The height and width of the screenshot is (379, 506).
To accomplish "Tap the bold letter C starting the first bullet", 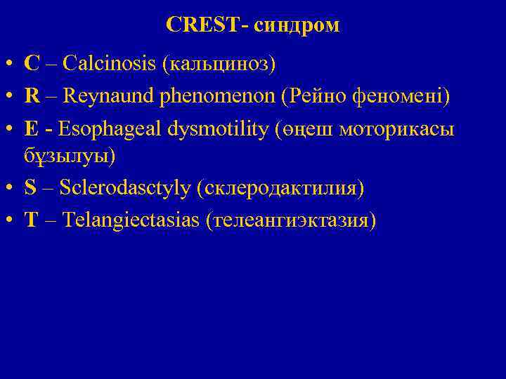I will [32, 64].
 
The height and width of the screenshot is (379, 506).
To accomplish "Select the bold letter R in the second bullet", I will [32, 95].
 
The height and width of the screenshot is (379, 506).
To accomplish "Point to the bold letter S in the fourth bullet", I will [30, 188].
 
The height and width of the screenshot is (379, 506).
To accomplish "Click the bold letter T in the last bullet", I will [31, 220].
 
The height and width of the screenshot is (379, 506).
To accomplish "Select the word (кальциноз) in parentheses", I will [219, 65].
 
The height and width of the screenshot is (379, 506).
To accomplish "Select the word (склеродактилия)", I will [281, 189].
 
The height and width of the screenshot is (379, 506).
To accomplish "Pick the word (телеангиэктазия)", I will [291, 220].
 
